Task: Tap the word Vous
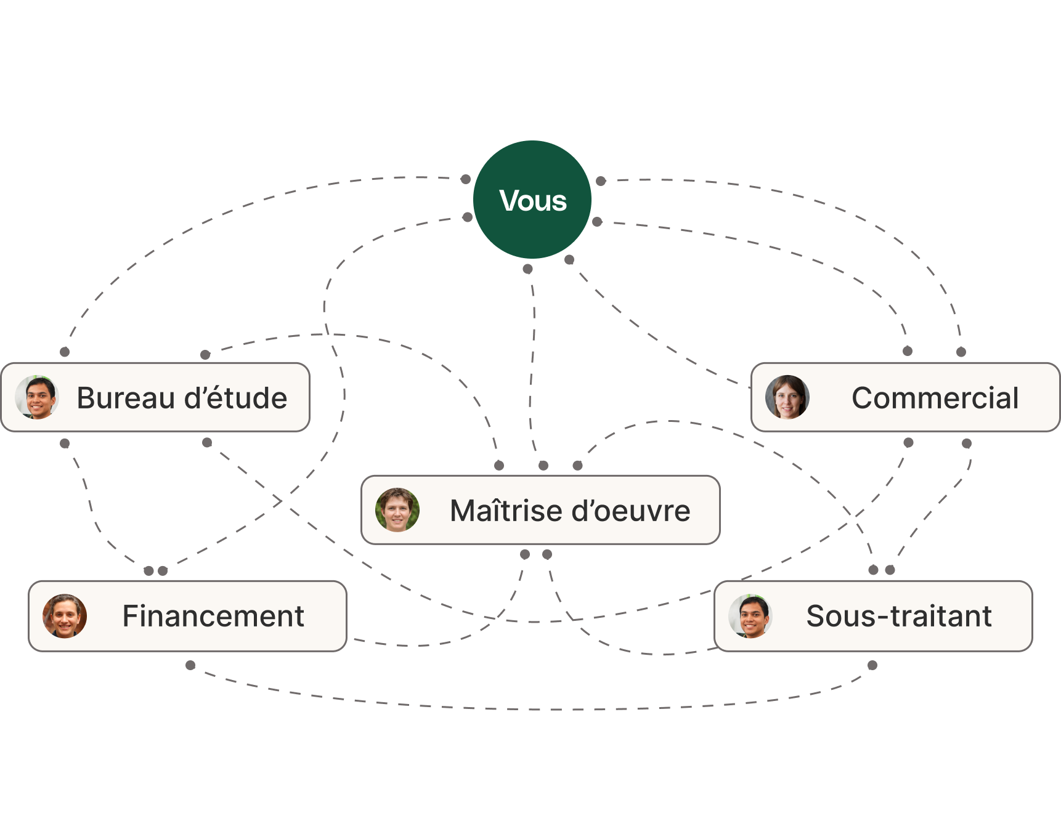click(533, 201)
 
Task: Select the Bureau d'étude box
click(155, 397)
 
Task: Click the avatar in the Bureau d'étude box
click(38, 397)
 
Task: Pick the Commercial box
click(905, 397)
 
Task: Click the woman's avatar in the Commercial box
click(787, 397)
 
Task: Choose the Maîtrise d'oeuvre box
click(540, 510)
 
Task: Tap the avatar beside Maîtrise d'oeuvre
click(397, 510)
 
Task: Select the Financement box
click(188, 615)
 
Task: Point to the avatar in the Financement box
click(65, 615)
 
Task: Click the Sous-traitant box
click(873, 615)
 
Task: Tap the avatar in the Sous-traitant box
click(750, 615)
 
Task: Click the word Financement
click(213, 616)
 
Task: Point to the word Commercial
click(935, 398)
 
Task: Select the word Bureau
click(126, 398)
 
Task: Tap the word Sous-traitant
click(899, 616)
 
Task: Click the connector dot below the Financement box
click(190, 665)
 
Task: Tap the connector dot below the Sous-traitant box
click(872, 665)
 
